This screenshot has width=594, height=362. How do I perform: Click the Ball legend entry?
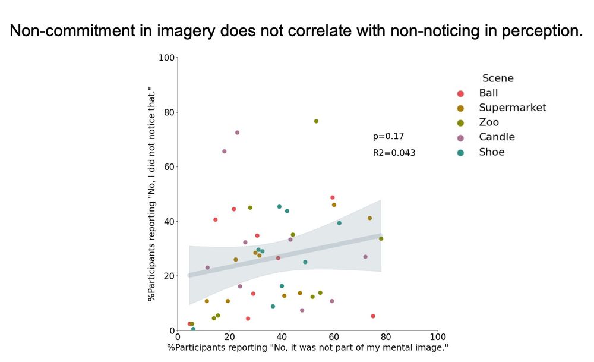(x=488, y=93)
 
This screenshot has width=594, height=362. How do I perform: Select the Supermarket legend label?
(x=512, y=108)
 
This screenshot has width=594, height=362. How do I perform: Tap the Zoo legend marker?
(x=460, y=122)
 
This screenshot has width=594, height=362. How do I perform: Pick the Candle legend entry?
(x=497, y=137)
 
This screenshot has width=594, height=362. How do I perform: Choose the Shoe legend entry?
(x=491, y=152)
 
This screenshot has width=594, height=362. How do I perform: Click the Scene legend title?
(x=498, y=78)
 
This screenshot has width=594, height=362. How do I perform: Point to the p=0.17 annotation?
(x=388, y=137)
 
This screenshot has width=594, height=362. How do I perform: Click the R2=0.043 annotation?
(x=394, y=153)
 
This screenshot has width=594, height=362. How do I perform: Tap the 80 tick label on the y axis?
(x=168, y=112)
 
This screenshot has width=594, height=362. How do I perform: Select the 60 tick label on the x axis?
(x=333, y=337)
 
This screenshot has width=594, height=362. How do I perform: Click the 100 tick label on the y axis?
(x=166, y=58)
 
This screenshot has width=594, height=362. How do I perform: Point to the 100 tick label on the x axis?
(x=437, y=337)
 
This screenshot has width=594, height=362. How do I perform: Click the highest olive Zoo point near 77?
(x=316, y=121)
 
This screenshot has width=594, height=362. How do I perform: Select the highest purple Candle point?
(x=237, y=133)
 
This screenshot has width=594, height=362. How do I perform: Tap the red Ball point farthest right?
(x=372, y=316)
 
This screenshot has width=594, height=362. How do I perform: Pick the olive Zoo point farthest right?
(x=381, y=239)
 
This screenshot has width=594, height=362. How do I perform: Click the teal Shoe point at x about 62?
(x=339, y=223)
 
